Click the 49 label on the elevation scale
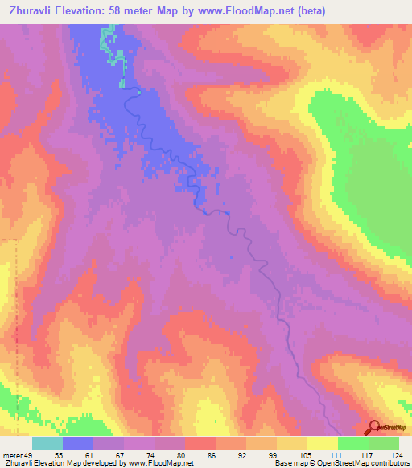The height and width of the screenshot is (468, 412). [x=31, y=454]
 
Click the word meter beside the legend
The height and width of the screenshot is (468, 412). [x=12, y=454]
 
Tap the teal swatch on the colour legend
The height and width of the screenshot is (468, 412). [x=47, y=443]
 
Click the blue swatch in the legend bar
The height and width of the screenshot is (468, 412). [x=78, y=443]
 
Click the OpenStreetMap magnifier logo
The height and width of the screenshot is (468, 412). [x=374, y=428]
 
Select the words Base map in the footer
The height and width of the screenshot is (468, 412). [x=287, y=463]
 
